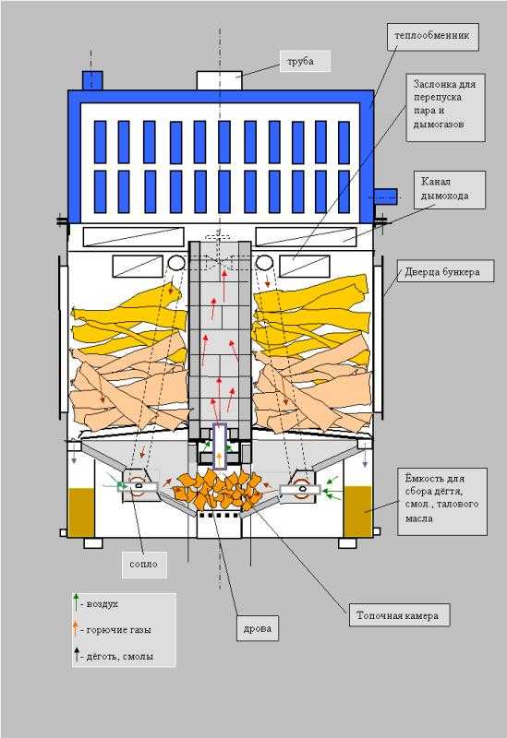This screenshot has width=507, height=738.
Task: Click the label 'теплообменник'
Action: click(433, 37)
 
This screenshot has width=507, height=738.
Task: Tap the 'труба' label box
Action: click(306, 61)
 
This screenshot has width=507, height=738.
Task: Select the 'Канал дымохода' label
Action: click(450, 190)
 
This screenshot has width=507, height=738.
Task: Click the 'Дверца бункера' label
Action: click(445, 271)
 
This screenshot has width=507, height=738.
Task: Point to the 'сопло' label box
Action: click(144, 565)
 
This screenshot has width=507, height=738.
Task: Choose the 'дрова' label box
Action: click(258, 628)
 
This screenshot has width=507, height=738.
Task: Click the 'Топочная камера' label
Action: click(399, 615)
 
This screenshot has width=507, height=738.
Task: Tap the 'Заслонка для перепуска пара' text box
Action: click(445, 107)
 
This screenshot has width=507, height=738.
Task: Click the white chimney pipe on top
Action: click(219, 80)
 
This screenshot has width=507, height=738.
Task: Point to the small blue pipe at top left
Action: click(92, 80)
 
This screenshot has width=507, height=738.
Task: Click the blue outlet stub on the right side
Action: click(385, 196)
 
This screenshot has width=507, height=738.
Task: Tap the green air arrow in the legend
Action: click(76, 602)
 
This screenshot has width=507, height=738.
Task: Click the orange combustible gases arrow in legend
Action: click(76, 629)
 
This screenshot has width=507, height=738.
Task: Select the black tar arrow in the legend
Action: click(76, 655)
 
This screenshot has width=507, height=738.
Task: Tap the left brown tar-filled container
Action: click(81, 512)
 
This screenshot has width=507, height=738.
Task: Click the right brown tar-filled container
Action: click(357, 511)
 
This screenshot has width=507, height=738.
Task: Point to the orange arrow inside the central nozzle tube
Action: click(219, 458)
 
